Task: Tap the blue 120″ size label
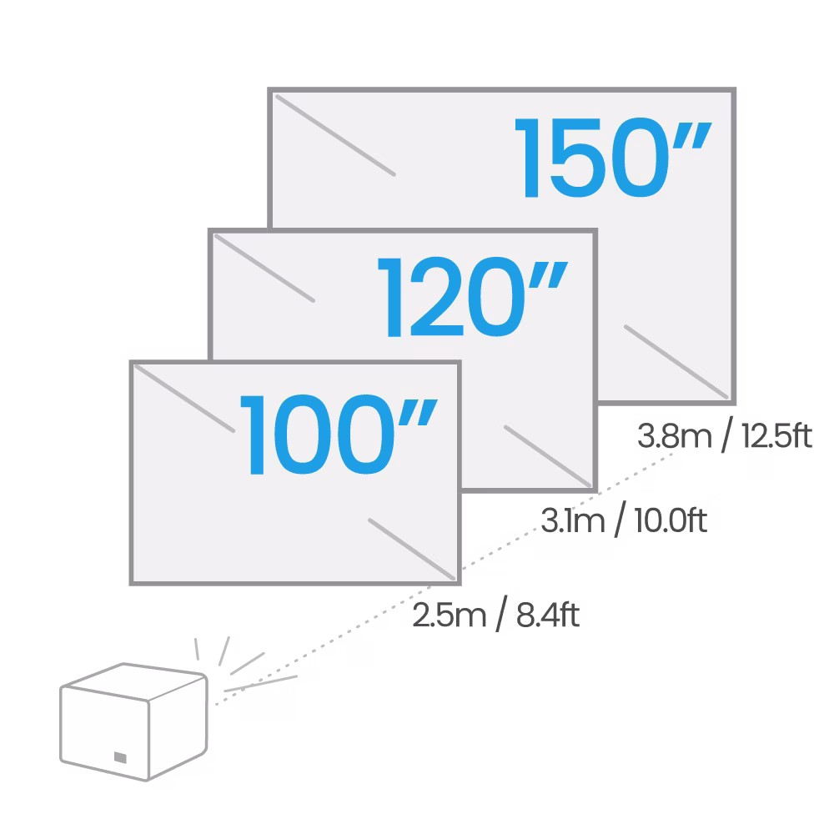point(473,298)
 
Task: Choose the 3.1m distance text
point(571,521)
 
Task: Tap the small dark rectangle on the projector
point(120,758)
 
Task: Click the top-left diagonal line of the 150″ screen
point(334,135)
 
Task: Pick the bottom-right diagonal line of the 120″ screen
point(547,455)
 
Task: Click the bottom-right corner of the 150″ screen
point(733,401)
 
